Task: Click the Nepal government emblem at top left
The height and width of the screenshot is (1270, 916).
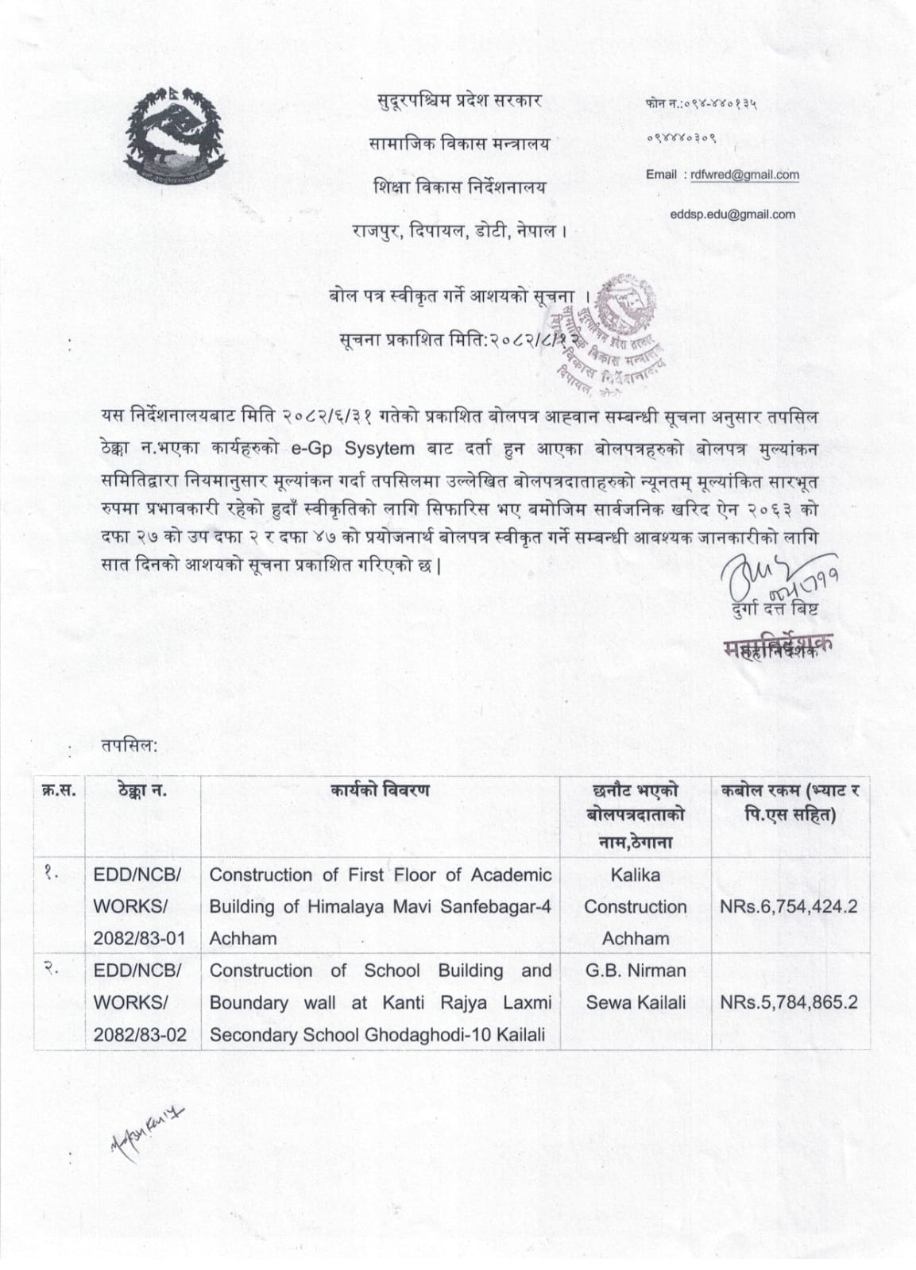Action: (x=176, y=137)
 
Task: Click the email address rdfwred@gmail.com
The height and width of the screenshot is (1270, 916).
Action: (x=744, y=175)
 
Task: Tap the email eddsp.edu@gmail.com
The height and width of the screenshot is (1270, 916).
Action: (x=732, y=214)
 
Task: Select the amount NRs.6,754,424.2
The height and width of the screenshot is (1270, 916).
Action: (x=789, y=906)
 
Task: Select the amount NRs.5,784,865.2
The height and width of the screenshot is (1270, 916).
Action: (x=789, y=1002)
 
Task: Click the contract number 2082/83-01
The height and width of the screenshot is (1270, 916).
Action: (x=139, y=938)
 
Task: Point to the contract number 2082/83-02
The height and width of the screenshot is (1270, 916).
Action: (x=139, y=1034)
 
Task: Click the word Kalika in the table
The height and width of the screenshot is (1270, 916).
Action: (x=635, y=874)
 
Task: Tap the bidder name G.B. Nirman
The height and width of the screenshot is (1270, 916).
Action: (x=635, y=971)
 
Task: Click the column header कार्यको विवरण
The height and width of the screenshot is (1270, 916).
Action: (x=381, y=789)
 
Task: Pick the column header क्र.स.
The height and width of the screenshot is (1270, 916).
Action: (x=58, y=789)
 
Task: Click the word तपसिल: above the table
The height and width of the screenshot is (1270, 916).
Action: (x=129, y=745)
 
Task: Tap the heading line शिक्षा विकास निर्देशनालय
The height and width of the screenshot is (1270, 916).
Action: (x=460, y=187)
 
